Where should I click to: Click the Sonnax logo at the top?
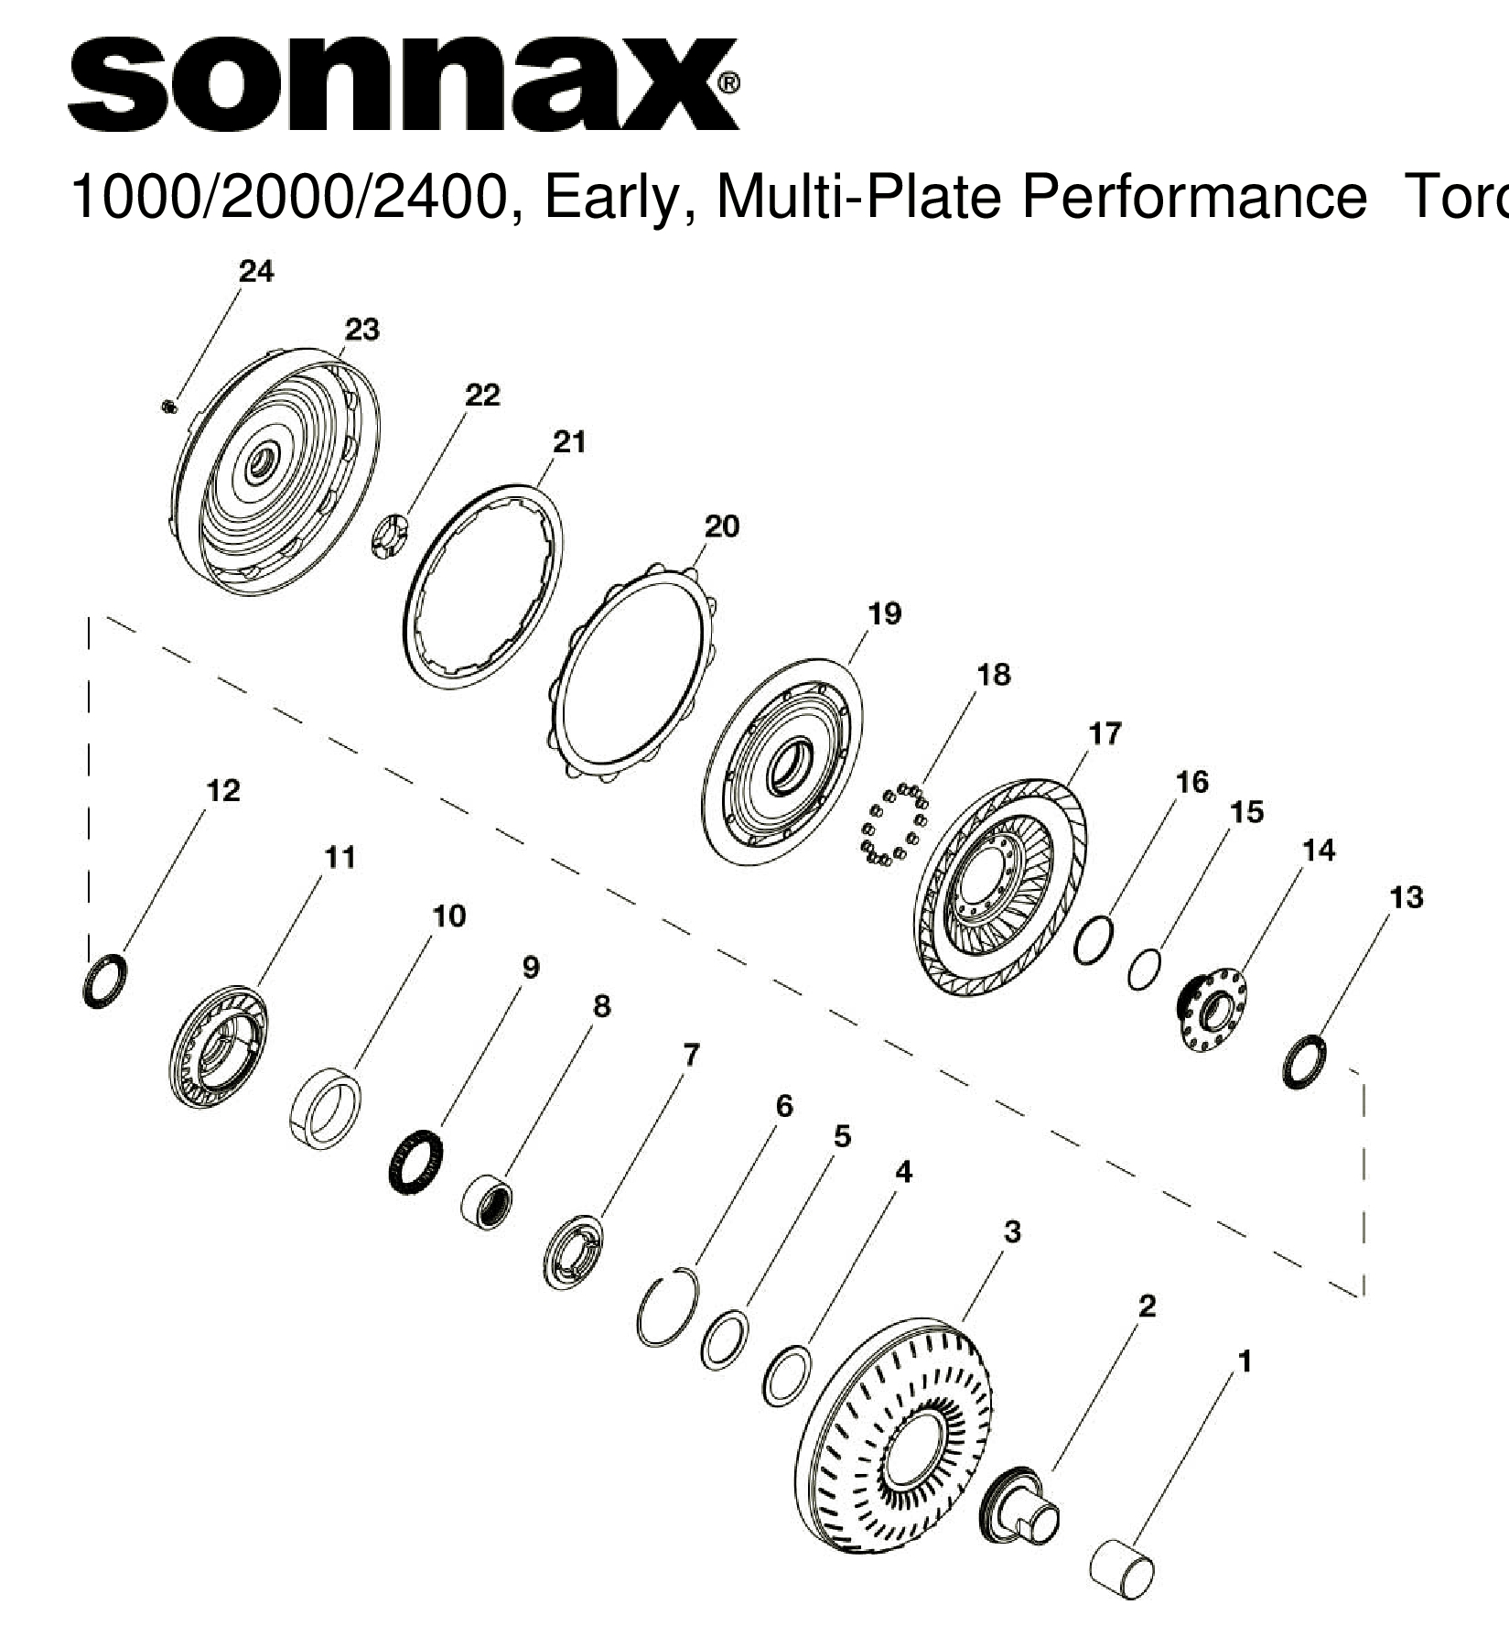click(x=403, y=84)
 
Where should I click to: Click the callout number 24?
click(x=255, y=271)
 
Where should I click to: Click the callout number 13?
click(x=1406, y=897)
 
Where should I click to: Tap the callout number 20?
click(x=721, y=526)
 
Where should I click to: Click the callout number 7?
click(x=691, y=1055)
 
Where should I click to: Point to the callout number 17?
click(x=1105, y=733)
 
